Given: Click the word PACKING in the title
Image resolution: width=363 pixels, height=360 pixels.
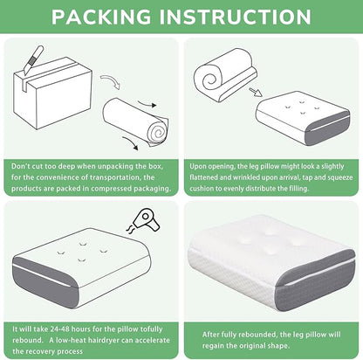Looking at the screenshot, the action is (101, 17).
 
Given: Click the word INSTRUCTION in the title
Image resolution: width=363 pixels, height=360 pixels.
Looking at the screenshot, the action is (236, 17).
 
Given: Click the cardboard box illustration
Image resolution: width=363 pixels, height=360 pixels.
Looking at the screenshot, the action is (53, 93).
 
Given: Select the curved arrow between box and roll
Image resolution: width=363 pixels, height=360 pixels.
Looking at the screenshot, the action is (111, 80).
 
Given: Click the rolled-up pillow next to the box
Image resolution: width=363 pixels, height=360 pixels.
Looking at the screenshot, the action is (136, 121).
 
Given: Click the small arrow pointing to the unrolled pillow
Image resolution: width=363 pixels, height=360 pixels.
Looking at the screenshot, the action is (256, 92).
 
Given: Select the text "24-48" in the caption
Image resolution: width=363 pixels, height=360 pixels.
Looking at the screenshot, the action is (59, 329).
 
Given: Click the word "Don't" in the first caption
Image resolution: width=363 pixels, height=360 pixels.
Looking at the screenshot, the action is (21, 166).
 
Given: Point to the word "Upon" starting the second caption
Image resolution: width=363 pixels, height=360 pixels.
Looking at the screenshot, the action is (197, 167).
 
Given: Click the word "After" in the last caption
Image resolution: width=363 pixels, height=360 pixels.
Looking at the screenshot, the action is (210, 335).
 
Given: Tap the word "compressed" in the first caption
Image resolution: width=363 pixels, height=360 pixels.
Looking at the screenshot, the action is (107, 189).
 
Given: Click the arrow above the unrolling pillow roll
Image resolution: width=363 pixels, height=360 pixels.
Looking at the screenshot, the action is (147, 104).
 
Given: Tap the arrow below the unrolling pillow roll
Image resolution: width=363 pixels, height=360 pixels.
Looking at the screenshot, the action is (130, 142).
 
